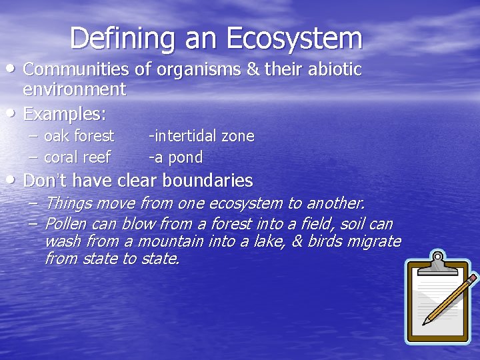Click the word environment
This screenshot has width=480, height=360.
(x=74, y=89)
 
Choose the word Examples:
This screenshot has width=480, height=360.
(x=64, y=113)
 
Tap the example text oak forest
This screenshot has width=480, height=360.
(x=79, y=136)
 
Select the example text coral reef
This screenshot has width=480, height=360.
(x=77, y=157)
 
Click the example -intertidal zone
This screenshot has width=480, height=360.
(x=201, y=136)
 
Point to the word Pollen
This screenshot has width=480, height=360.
(x=65, y=224)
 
